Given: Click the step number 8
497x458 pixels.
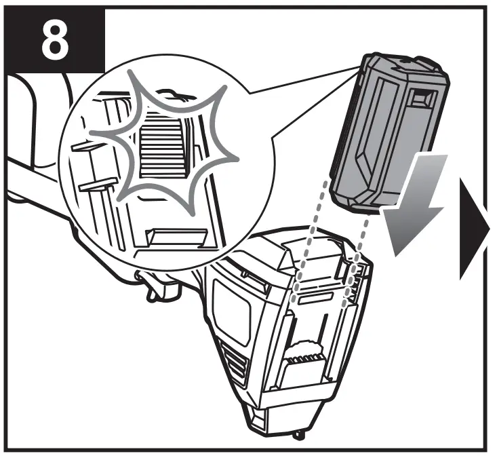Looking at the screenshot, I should tap(54, 41).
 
